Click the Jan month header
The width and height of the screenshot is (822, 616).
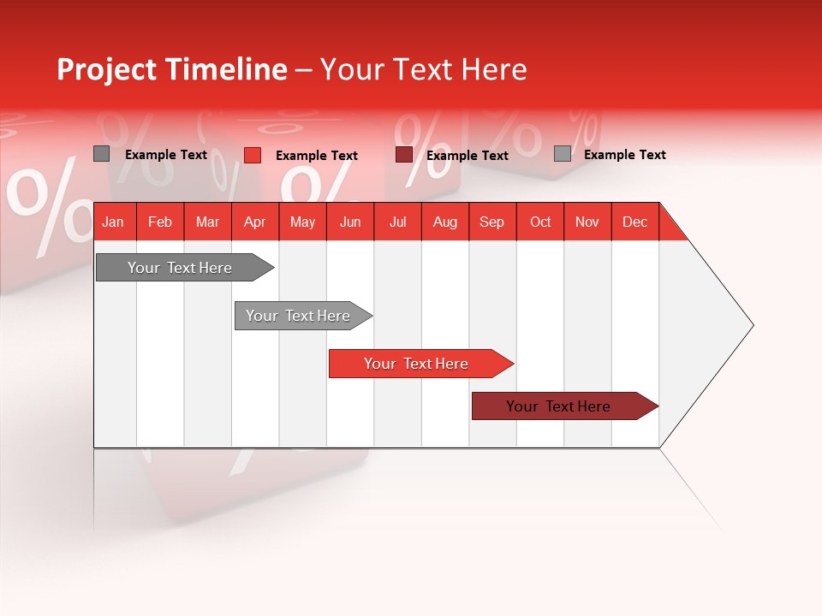(113, 222)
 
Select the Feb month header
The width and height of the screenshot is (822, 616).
(160, 222)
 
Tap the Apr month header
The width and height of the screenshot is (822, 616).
(254, 222)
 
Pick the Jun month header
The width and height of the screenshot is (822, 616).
(350, 222)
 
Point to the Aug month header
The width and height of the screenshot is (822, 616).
(444, 222)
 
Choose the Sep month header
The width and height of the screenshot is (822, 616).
(491, 222)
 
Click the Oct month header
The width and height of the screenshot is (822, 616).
(540, 222)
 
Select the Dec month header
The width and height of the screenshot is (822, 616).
(634, 222)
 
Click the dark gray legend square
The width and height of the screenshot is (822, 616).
(102, 154)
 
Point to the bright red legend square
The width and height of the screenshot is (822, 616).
(253, 155)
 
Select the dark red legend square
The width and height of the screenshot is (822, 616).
(404, 155)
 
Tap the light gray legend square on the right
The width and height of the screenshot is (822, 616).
(563, 154)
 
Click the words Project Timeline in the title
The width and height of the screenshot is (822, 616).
(172, 69)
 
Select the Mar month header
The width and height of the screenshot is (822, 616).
(207, 222)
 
